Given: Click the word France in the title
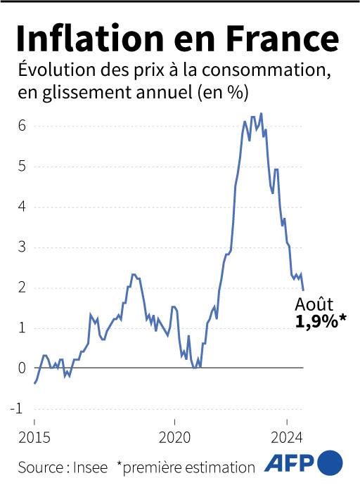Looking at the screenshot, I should pyautogui.click(x=285, y=37).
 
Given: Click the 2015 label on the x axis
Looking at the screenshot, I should pyautogui.click(x=34, y=436).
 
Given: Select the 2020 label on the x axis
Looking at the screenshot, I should pyautogui.click(x=174, y=436).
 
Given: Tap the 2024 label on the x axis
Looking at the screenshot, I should pyautogui.click(x=287, y=436).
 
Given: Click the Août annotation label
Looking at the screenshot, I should pyautogui.click(x=313, y=306).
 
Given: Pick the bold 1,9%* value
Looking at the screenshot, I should pyautogui.click(x=321, y=323).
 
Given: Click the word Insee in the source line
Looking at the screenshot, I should pyautogui.click(x=91, y=467).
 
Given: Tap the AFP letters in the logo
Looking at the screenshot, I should pyautogui.click(x=289, y=463).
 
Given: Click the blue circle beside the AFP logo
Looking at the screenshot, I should pyautogui.click(x=330, y=463).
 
